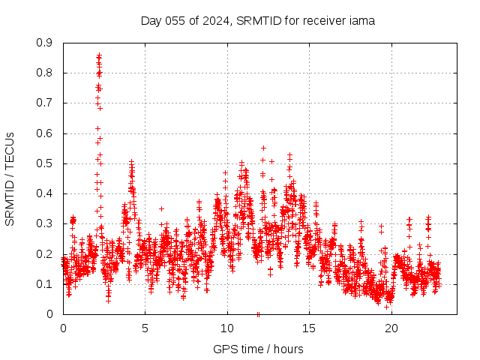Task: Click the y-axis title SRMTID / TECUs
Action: point(10,178)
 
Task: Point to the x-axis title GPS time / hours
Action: point(258,349)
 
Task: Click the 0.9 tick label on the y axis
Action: point(45,43)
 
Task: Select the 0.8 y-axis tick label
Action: point(45,73)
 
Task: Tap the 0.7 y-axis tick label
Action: point(45,103)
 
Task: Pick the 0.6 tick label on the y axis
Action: point(45,133)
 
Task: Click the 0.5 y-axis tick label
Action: point(45,163)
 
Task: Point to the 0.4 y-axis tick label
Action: point(45,193)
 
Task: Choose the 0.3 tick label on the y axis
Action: point(45,223)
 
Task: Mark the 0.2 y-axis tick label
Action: point(45,253)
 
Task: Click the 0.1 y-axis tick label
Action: point(45,284)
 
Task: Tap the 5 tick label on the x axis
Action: point(145,328)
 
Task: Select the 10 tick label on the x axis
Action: point(226,328)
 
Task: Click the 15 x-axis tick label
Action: point(309,328)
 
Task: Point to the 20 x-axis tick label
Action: point(391,328)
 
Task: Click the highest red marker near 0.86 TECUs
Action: point(99,55)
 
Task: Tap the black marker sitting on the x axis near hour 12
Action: point(258,314)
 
